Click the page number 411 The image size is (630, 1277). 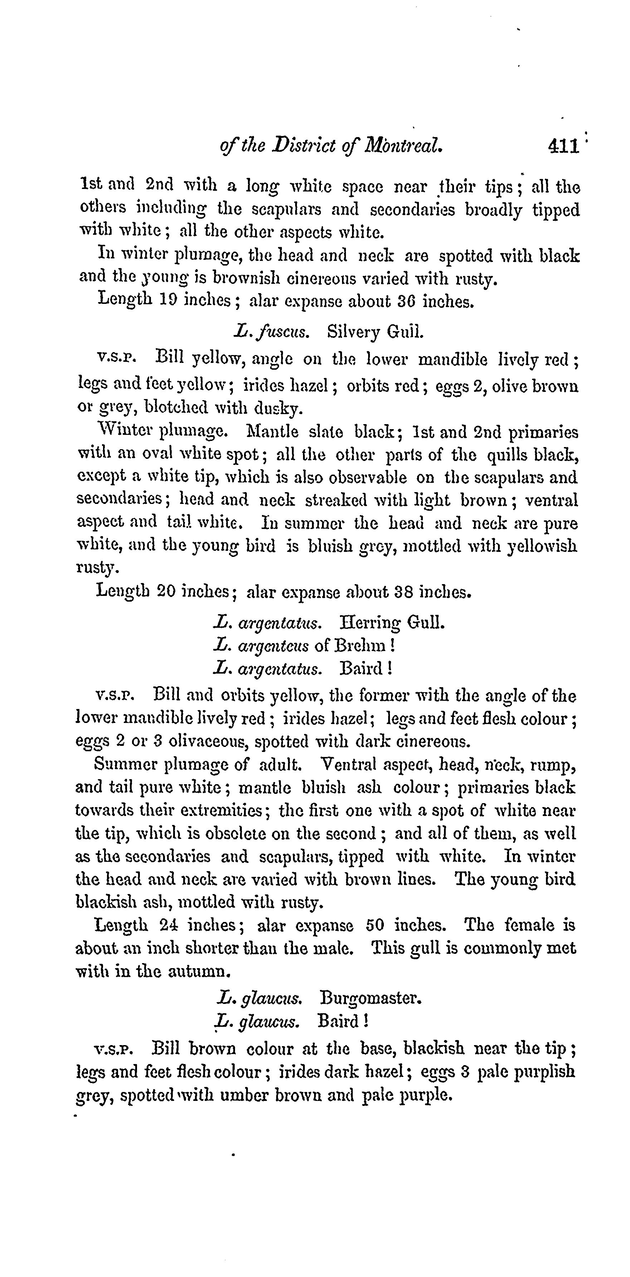pos(563,146)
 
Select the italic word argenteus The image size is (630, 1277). pos(274,646)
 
